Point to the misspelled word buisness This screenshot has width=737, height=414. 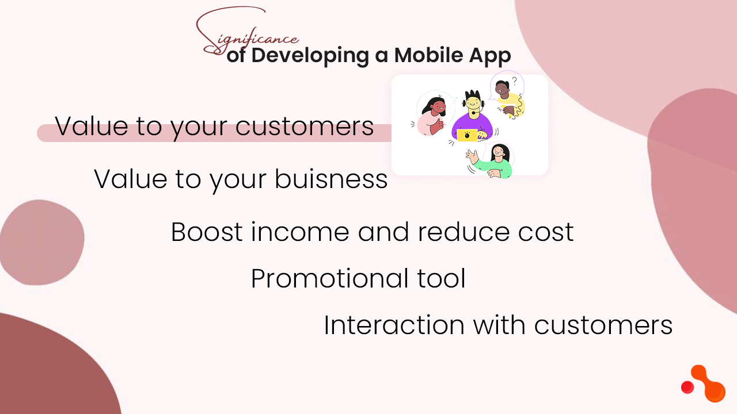click(x=330, y=179)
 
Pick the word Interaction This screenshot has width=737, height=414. click(x=394, y=325)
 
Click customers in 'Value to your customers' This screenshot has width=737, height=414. click(x=305, y=126)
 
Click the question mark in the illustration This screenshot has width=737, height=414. click(x=514, y=80)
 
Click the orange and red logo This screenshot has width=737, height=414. click(x=703, y=383)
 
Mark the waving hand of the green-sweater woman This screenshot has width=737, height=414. click(x=472, y=155)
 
